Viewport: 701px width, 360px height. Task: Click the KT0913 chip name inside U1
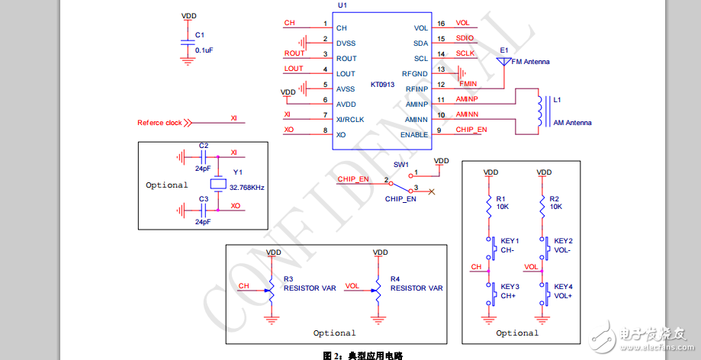(x=382, y=85)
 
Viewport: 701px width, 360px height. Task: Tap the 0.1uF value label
(x=204, y=50)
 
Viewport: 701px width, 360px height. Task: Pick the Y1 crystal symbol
(x=218, y=184)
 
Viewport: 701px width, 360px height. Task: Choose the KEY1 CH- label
(x=510, y=246)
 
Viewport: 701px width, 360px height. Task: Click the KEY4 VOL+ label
(x=564, y=291)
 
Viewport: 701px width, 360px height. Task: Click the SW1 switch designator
(x=401, y=165)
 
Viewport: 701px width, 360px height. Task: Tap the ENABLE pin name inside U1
(x=414, y=135)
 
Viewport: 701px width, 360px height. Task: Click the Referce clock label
(x=159, y=123)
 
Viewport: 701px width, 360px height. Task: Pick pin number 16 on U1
(x=441, y=24)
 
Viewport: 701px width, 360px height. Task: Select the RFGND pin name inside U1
(x=415, y=74)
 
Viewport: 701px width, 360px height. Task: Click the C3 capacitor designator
(x=203, y=198)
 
